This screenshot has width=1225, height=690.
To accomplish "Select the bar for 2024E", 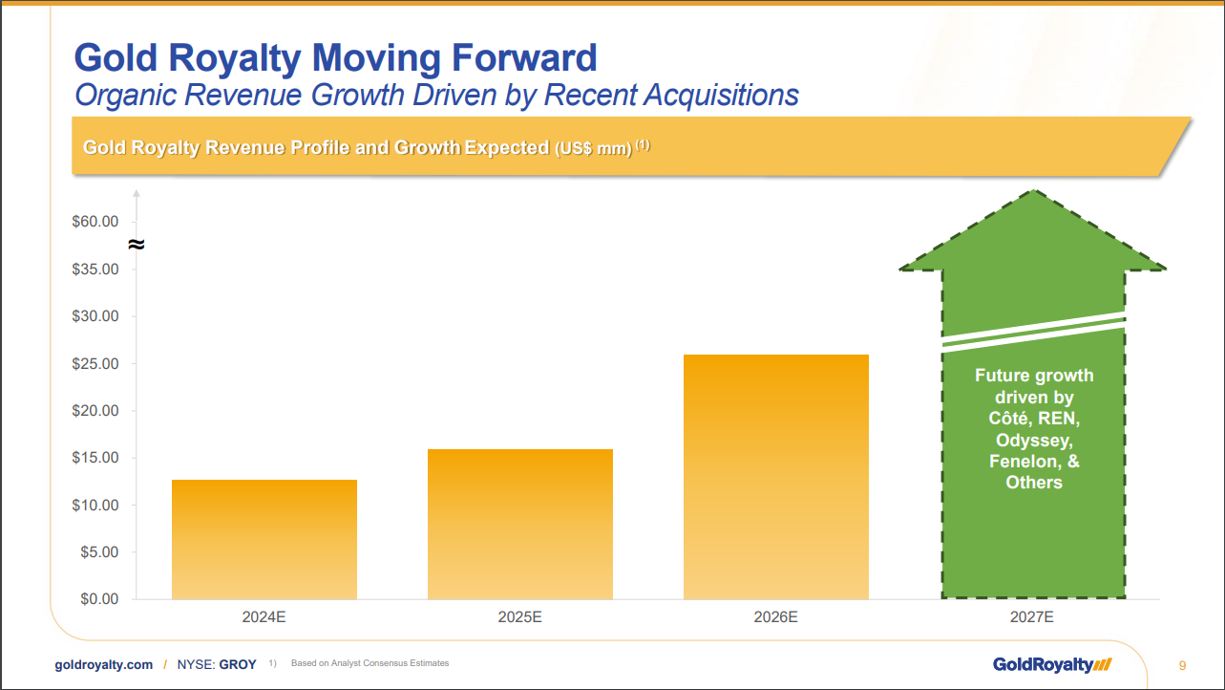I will (264, 539).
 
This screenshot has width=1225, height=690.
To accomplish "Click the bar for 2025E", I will (520, 524).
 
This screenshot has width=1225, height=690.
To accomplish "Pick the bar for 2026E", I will (776, 477).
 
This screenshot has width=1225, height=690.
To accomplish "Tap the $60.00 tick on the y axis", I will (95, 222).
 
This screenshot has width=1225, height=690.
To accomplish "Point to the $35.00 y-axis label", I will (95, 270).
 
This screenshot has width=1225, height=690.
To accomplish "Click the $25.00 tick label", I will (95, 364).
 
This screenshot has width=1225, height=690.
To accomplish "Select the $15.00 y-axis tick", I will (95, 458).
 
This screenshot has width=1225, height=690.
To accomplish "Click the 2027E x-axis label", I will (1032, 617).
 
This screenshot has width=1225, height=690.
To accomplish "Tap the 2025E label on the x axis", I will (520, 617).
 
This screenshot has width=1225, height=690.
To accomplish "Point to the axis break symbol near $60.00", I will (137, 245).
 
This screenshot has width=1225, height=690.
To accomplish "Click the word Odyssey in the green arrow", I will (1034, 441).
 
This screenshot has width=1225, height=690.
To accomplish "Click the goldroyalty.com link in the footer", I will (101, 664).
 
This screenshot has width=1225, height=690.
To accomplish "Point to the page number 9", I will (1182, 665).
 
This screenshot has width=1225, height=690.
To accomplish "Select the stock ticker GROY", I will (238, 664).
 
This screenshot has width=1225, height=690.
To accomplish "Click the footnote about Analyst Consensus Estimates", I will (370, 663).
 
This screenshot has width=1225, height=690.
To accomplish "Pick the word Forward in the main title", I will (500, 58).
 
